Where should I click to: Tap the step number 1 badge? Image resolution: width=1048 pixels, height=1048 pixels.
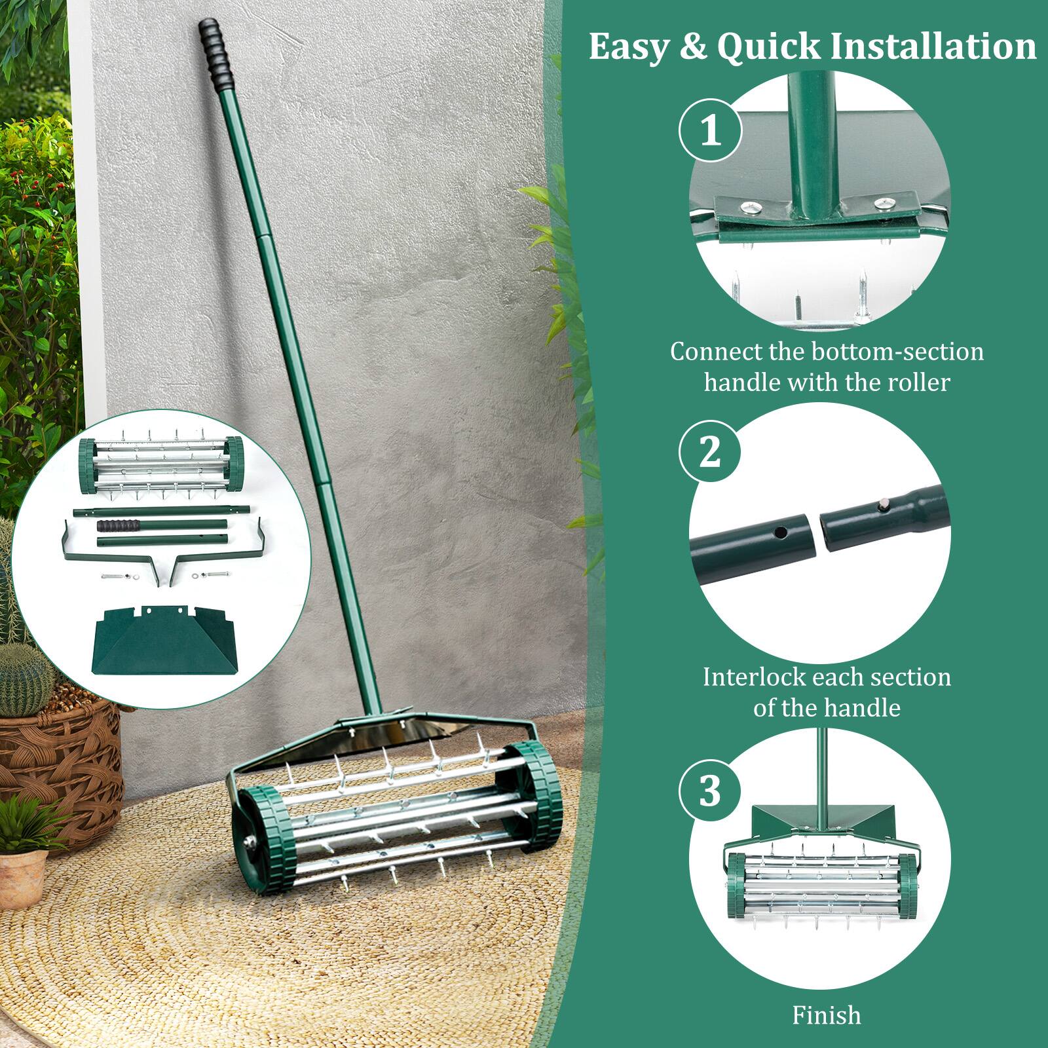click(x=710, y=131)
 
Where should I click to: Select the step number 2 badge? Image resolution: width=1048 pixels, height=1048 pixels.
click(x=710, y=453)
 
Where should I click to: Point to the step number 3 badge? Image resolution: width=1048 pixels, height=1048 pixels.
click(x=710, y=791)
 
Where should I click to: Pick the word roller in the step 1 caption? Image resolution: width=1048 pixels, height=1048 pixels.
click(x=919, y=382)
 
